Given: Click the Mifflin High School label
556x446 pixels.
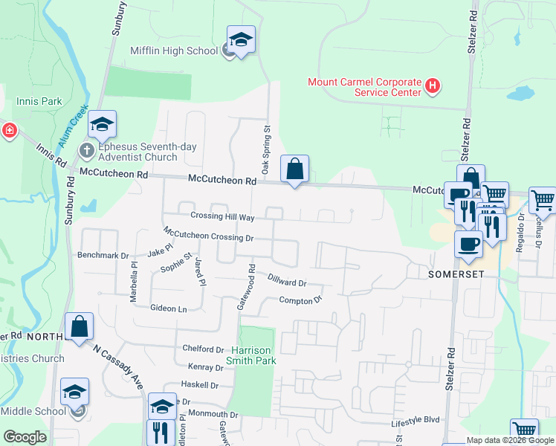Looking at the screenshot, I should pyautogui.click(x=174, y=51).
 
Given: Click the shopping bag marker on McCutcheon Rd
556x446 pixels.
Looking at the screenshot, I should pyautogui.click(x=295, y=169).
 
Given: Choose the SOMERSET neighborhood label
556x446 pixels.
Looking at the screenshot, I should pyautogui.click(x=456, y=274).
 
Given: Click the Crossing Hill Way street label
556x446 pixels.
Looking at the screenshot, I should pyautogui.click(x=222, y=216).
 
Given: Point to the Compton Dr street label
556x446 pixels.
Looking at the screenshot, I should pyautogui.click(x=300, y=300).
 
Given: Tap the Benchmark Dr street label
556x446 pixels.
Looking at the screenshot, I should pyautogui.click(x=103, y=255).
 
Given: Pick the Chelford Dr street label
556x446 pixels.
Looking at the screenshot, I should pyautogui.click(x=204, y=349).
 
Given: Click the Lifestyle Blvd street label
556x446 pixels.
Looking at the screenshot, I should pyautogui.click(x=416, y=421).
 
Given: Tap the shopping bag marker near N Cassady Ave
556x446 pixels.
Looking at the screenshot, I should pyautogui.click(x=79, y=326).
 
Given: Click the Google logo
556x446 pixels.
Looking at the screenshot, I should pyautogui.click(x=25, y=438).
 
